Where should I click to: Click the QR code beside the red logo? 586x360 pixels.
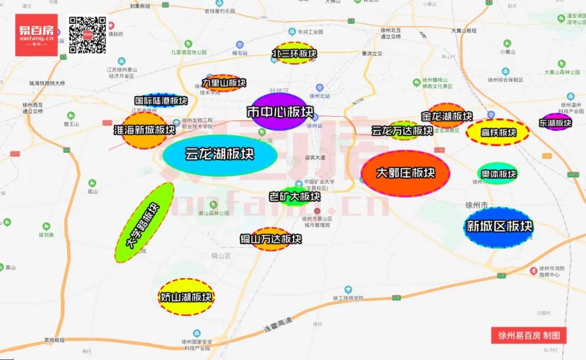click(x=88, y=35)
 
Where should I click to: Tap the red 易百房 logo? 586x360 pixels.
click(x=36, y=35)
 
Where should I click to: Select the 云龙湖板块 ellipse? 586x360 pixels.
click(x=220, y=155)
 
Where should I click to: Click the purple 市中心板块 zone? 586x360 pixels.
click(x=280, y=112)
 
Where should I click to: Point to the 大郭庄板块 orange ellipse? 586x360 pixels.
click(x=405, y=173)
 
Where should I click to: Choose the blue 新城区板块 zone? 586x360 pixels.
click(x=499, y=227)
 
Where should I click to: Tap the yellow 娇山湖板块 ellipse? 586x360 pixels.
click(x=186, y=297)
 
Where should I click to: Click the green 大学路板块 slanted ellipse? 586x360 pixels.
click(x=144, y=223)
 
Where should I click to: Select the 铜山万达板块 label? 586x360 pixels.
click(x=271, y=239)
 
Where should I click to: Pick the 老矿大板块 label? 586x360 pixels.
click(x=295, y=196)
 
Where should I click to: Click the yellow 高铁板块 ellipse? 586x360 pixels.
click(x=498, y=132)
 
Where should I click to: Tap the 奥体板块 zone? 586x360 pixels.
click(x=498, y=174)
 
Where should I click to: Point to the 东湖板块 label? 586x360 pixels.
click(x=556, y=123)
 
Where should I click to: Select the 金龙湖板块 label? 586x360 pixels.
click(x=447, y=116)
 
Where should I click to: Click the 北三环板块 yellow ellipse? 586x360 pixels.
click(x=294, y=54)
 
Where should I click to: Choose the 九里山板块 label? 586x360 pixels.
click(x=224, y=83)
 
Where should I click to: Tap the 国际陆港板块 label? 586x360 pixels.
click(x=161, y=101)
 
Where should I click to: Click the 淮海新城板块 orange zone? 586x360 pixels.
click(x=144, y=131)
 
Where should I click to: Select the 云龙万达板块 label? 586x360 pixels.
click(x=403, y=131)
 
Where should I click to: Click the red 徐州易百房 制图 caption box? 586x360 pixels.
click(x=528, y=336)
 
